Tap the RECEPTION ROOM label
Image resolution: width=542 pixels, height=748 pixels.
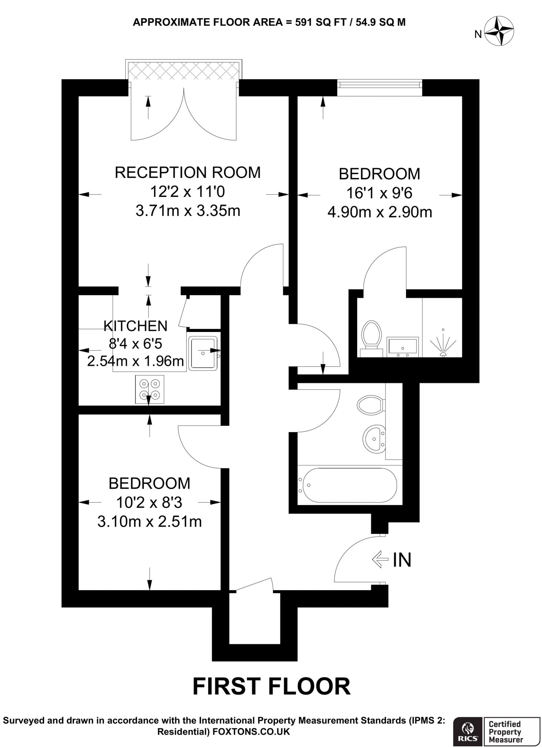click(187, 172)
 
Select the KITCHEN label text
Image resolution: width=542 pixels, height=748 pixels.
click(136, 326)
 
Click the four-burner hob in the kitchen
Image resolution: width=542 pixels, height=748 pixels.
click(150, 389)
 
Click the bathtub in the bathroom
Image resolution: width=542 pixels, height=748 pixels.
click(347, 485)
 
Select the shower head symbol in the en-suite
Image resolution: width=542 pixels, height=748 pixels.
click(443, 343)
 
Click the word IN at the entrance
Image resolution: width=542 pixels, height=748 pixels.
click(402, 560)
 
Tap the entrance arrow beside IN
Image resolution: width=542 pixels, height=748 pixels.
click(380, 559)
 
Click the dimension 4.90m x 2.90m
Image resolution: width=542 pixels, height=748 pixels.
click(379, 212)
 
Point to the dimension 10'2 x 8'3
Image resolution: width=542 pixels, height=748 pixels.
click(149, 503)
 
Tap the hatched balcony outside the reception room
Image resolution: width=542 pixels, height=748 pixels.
click(183, 71)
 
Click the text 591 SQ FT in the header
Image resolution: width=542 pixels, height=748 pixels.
click(322, 22)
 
